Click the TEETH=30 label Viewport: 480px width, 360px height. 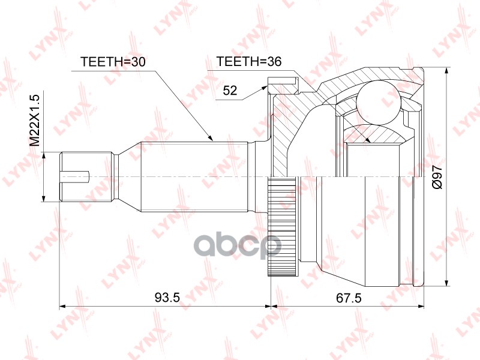(113, 62)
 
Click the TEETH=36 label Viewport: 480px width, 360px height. (248, 62)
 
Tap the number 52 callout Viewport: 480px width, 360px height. (230, 91)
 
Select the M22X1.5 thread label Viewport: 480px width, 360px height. (35, 121)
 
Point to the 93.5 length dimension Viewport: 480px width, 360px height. (167, 297)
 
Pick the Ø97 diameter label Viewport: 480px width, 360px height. (437, 177)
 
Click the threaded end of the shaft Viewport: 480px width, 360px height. (85, 176)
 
